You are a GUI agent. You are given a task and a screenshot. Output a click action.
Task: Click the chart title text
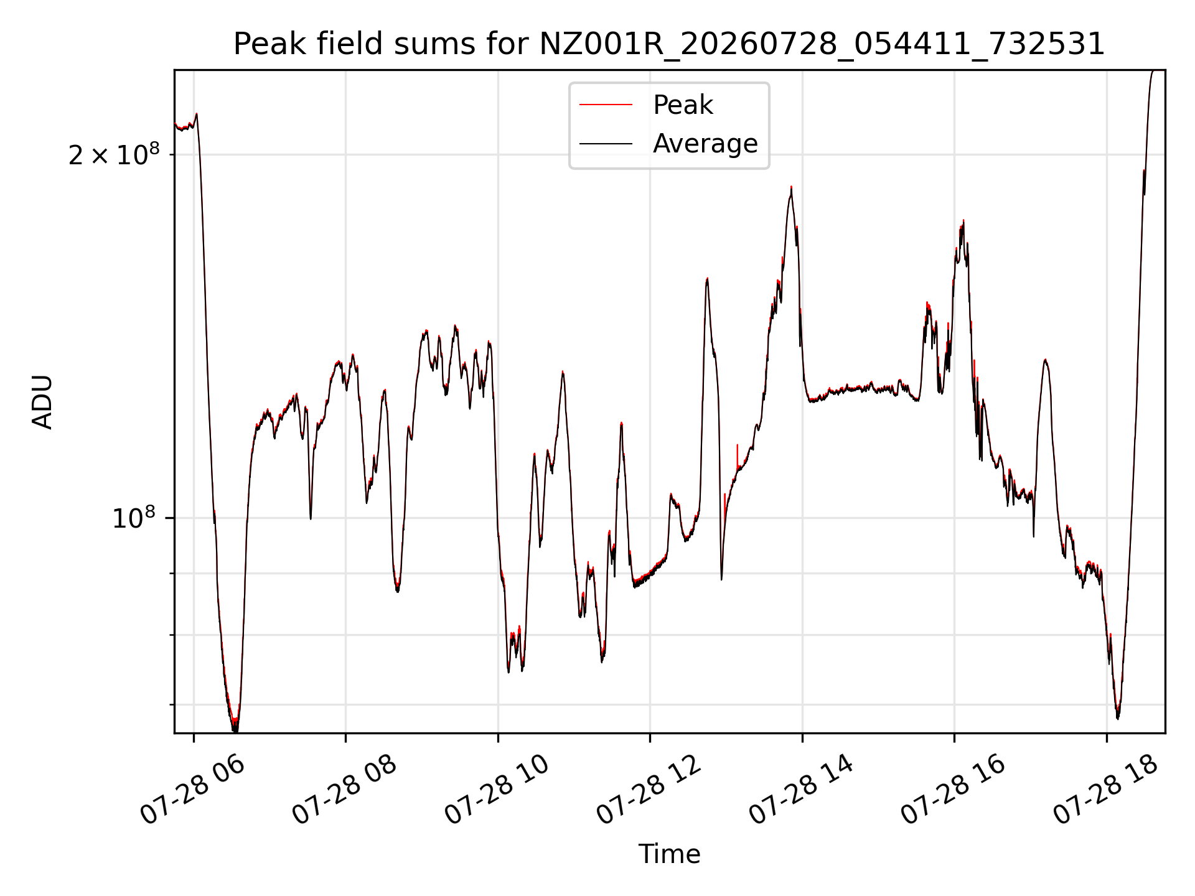coord(669,44)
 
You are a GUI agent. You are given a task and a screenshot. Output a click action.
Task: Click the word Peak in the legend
coord(683,105)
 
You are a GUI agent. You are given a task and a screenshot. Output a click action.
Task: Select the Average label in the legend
coord(705,144)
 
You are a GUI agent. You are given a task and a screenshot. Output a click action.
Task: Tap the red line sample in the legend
coord(606,105)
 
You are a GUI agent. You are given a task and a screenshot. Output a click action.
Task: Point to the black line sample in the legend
coord(606,144)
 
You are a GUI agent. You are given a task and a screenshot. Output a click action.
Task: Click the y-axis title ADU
coord(42,402)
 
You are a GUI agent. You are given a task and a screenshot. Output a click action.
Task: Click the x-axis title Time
coord(669,854)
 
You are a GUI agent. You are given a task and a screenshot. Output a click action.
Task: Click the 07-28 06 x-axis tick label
coord(192,790)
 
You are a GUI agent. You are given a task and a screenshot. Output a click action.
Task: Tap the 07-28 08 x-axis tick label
coord(344,790)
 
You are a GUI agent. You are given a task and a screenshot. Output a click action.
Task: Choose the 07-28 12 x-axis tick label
coord(649,790)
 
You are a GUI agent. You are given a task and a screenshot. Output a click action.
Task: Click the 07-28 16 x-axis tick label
coord(953,790)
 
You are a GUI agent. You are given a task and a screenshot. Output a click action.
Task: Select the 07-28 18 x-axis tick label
coord(1105,790)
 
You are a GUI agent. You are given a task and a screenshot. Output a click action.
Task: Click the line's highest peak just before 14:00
coord(791,187)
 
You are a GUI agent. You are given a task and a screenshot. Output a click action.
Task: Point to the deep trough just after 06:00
coord(235,729)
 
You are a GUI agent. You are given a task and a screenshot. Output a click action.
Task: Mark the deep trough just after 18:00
coord(1118,718)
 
